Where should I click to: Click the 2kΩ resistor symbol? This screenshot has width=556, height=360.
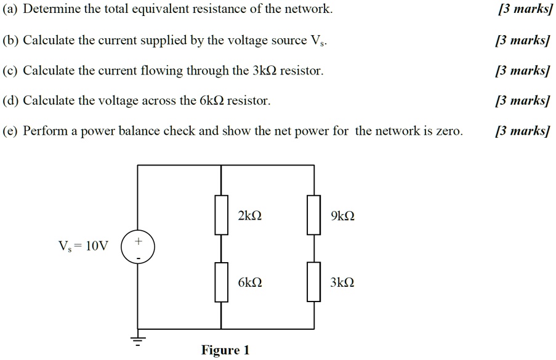coord(221,215)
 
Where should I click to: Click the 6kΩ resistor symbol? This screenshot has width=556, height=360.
coord(221,282)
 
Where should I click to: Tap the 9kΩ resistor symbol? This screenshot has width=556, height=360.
coord(314,215)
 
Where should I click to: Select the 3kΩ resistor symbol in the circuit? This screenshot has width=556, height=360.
coord(314,282)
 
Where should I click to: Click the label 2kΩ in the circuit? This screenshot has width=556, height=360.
coord(249,216)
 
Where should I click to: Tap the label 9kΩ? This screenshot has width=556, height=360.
coord(342,216)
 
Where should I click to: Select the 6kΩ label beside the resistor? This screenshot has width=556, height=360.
coord(249,283)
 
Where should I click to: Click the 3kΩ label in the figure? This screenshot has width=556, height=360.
coord(342,283)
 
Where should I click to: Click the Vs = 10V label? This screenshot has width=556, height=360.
coord(83,247)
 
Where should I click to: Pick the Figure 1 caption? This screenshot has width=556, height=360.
coord(225,350)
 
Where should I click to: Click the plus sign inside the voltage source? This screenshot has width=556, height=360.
coord(139,241)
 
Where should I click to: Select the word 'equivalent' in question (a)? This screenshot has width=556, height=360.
coord(175,10)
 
